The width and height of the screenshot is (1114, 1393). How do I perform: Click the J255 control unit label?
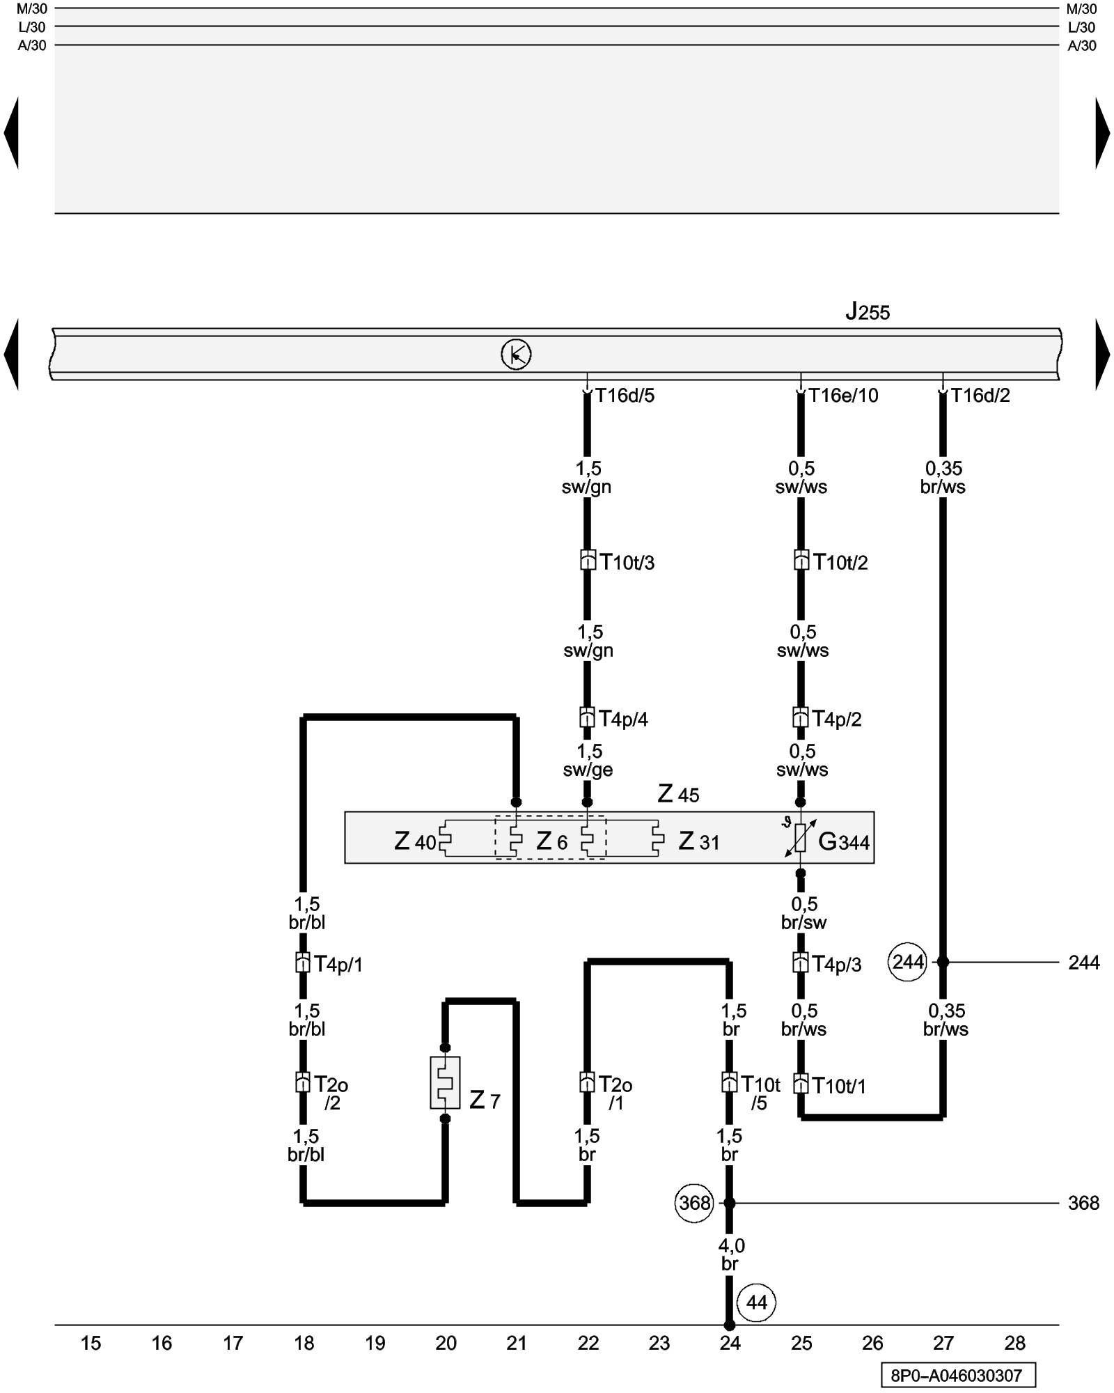[868, 311]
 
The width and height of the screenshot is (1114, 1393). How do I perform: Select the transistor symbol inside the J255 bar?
[516, 355]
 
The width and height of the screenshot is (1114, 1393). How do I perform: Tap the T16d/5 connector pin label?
[625, 396]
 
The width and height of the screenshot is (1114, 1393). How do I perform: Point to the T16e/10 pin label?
[843, 396]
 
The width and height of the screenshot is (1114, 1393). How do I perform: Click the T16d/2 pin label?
[980, 396]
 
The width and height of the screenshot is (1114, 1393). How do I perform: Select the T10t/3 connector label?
[627, 562]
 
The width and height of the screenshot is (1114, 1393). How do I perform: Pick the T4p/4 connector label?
[623, 719]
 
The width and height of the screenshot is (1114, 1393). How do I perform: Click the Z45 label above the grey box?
[678, 794]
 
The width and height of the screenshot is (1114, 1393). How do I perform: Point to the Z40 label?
[415, 841]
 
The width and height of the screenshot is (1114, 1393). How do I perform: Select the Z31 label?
[698, 841]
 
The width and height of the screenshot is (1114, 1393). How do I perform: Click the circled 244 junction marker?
[908, 962]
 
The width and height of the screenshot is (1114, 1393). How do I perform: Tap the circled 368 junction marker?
[694, 1203]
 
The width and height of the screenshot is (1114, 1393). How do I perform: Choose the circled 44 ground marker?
[756, 1302]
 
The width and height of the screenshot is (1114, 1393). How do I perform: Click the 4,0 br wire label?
[730, 1254]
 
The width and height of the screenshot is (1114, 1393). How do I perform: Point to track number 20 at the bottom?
[446, 1344]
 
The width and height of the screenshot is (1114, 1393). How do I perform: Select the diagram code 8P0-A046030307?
[957, 1376]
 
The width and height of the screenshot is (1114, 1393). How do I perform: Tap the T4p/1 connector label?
[338, 964]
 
